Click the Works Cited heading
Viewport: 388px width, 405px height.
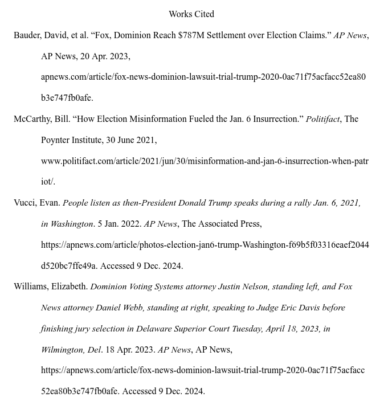coord(191,14)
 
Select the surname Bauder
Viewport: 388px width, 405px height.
coord(27,35)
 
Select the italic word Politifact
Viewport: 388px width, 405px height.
coord(322,119)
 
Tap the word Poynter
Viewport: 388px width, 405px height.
coord(57,140)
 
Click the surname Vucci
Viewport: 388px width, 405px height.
coord(25,203)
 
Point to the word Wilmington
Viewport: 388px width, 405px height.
coord(62,350)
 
